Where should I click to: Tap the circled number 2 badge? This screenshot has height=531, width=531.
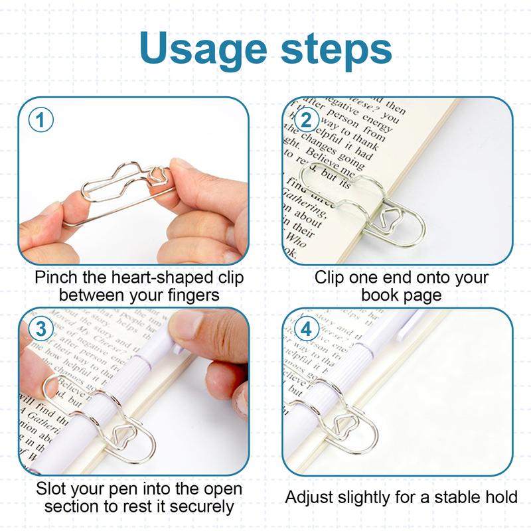pos(306,120)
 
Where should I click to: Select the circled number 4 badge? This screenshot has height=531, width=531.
pos(306,329)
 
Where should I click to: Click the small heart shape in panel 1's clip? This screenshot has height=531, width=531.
pos(159,175)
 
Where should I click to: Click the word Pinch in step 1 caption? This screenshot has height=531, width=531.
pos(55,277)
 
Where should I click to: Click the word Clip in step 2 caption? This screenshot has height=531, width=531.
pos(329,277)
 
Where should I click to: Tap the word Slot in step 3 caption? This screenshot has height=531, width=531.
pos(52,490)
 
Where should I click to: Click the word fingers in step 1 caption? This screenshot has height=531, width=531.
pos(192,294)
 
